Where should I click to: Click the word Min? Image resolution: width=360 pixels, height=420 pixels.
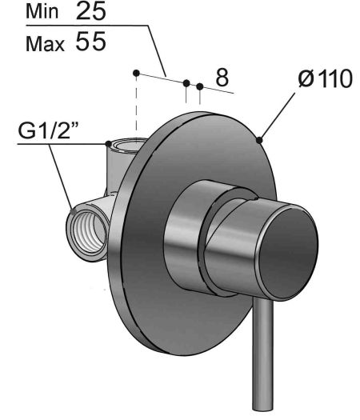click(x=42, y=12)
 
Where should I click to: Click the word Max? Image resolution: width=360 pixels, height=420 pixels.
click(x=46, y=44)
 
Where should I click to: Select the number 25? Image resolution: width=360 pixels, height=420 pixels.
click(x=91, y=10)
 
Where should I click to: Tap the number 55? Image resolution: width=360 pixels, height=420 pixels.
click(x=91, y=42)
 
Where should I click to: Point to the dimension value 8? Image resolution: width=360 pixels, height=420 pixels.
click(x=222, y=78)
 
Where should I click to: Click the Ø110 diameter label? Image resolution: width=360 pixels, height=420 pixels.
click(x=325, y=78)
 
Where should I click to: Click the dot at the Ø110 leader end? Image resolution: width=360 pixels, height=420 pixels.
click(x=259, y=140)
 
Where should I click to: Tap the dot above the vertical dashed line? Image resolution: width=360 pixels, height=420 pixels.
click(x=136, y=73)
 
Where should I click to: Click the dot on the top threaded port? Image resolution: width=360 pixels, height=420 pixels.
click(x=108, y=143)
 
